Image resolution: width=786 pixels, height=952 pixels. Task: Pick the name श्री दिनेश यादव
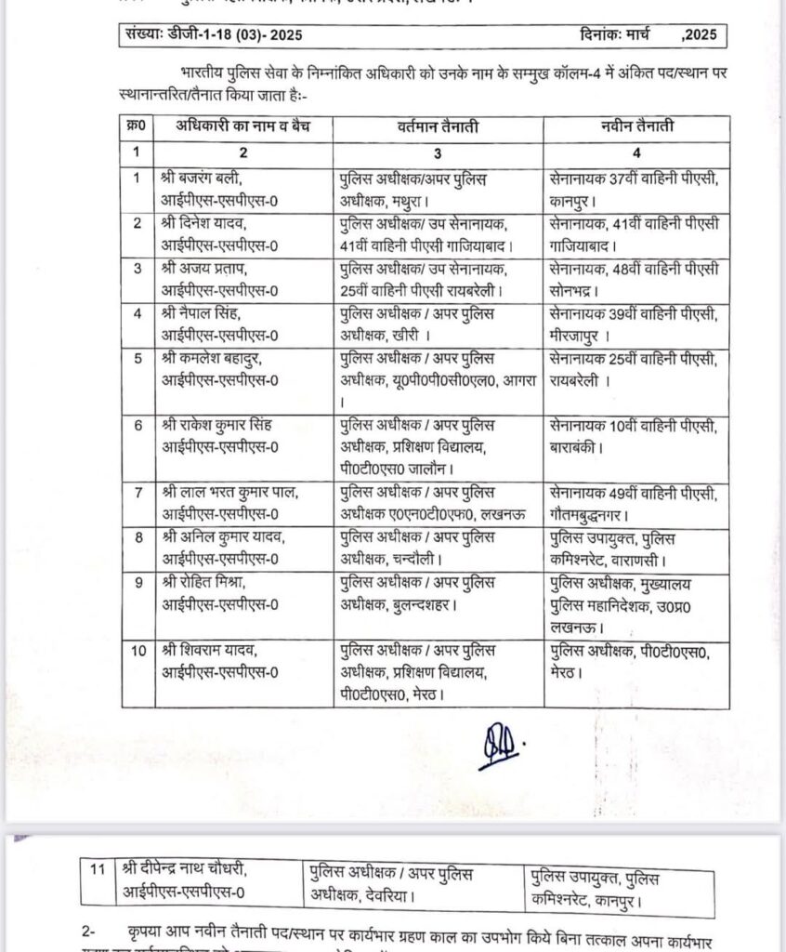coord(206,223)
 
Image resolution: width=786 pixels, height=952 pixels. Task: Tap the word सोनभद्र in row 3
coord(578,286)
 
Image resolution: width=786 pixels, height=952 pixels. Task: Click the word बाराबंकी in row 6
coord(576,445)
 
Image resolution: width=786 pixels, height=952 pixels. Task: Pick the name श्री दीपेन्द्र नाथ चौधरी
coord(185,870)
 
